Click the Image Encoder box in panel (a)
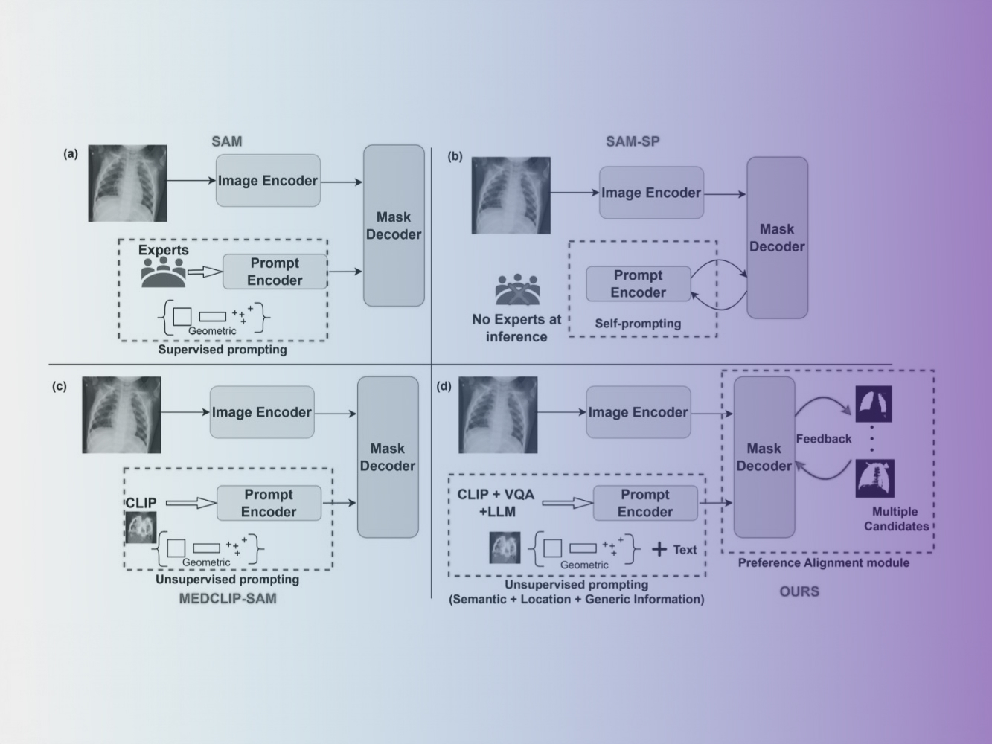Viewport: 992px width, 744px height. point(268,181)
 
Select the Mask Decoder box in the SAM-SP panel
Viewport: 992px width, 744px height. point(777,237)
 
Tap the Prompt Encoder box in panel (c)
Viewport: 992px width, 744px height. point(269,503)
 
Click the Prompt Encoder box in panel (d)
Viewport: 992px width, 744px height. point(645,503)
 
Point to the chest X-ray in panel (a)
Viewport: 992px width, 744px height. point(128,183)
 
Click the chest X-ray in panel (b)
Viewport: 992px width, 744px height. point(511,195)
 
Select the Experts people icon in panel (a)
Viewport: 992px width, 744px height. point(164,272)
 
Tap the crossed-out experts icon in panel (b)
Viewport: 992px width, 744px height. point(516,290)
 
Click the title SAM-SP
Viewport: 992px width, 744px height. point(632,141)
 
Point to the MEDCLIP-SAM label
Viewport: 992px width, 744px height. point(228,598)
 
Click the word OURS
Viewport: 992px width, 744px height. point(799,591)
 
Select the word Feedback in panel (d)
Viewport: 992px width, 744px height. point(824,439)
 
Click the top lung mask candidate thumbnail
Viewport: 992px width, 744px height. point(874,404)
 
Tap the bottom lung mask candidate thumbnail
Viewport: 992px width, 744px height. point(874,478)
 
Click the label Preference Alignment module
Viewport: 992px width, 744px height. point(824,563)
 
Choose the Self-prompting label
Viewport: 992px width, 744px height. point(638,324)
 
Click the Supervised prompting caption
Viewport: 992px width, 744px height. point(223,349)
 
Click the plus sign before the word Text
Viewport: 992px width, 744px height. point(659,550)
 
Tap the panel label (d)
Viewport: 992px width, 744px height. point(444,386)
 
